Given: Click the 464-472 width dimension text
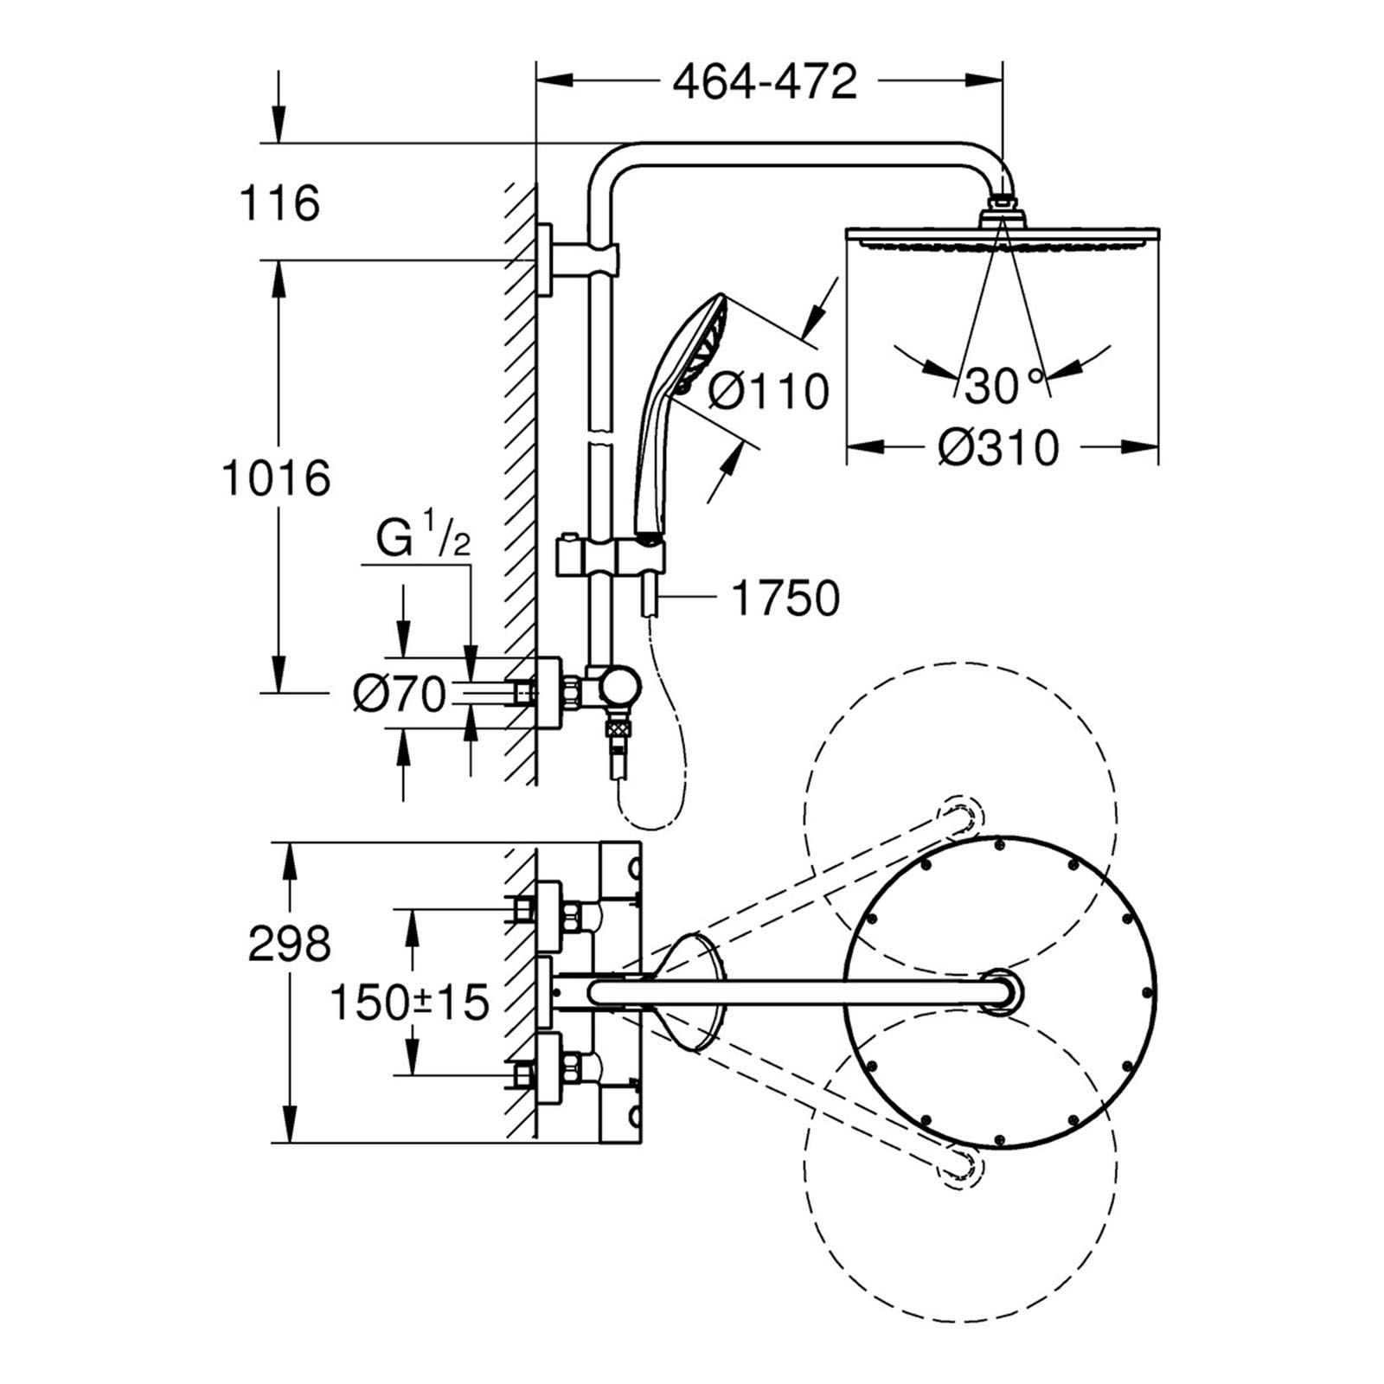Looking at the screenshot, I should point(765,83).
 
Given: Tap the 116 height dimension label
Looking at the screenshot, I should point(279,203).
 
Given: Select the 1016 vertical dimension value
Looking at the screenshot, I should point(277,477).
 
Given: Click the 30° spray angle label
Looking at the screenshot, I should point(1003,385).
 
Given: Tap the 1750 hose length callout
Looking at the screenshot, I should point(785,598).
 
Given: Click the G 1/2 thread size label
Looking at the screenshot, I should point(423,541).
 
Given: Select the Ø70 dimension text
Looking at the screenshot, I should point(400,693).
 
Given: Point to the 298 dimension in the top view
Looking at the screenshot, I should point(289,944).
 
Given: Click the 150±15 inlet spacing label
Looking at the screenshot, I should point(410,1003).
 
